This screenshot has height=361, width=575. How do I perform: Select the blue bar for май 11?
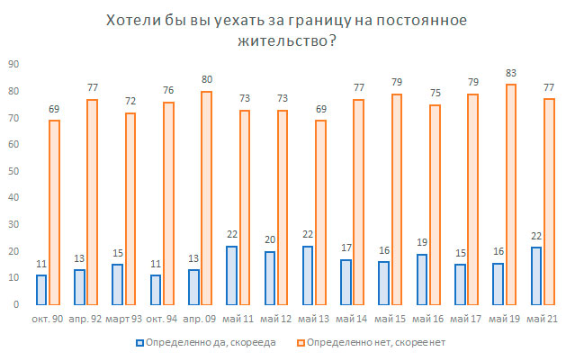point(231,275)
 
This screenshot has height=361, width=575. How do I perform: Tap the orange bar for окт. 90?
point(54,212)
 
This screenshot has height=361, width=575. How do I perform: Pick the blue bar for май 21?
point(535,275)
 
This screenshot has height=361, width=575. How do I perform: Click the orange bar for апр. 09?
point(206,198)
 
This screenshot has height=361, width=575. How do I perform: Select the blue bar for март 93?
point(117,284)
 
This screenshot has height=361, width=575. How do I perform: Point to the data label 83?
point(510,76)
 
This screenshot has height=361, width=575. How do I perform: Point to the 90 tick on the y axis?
point(14,64)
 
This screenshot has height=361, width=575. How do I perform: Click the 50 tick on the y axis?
point(14,171)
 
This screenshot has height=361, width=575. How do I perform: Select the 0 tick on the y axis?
point(17,304)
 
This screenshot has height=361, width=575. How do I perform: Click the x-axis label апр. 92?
point(85,319)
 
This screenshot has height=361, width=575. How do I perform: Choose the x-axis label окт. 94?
point(161,319)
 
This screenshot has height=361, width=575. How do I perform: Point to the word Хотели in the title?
point(130,20)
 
